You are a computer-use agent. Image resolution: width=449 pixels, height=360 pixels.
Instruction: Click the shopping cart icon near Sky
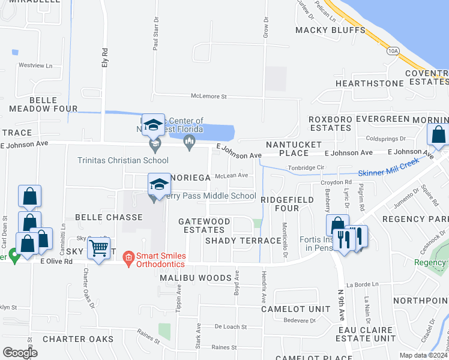pyautogui.click(x=98, y=247)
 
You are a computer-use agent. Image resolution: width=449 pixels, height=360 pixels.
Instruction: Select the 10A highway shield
pyautogui.click(x=393, y=51)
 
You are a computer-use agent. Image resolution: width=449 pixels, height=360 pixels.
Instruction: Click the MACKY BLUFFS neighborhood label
pyautogui.click(x=330, y=30)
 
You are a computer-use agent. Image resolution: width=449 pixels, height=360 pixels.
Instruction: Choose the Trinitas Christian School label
pyautogui.click(x=122, y=160)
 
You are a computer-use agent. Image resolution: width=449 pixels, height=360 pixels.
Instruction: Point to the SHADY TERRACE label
pyautogui.click(x=243, y=240)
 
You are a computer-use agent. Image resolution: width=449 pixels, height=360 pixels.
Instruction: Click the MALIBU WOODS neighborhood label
pyautogui.click(x=195, y=278)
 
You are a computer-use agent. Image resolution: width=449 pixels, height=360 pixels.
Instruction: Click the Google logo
pyautogui.click(x=20, y=353)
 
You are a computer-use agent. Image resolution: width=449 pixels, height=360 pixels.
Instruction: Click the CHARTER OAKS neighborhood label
pyautogui.click(x=78, y=339)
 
